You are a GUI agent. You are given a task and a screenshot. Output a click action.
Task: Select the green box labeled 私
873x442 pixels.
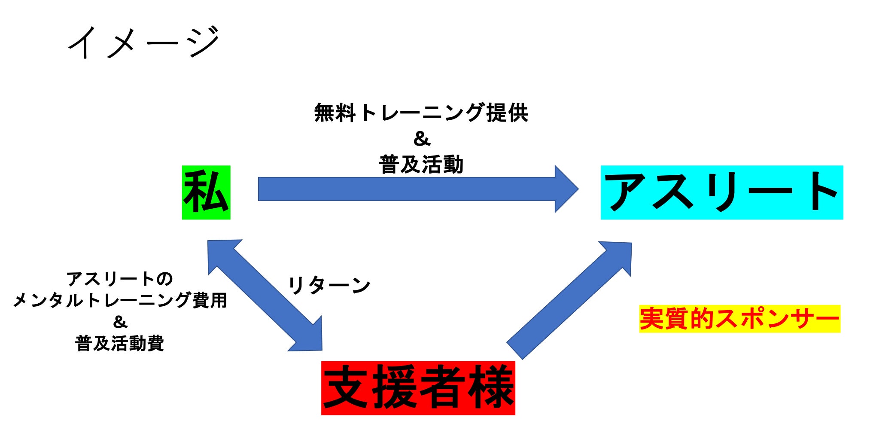pos(206,192)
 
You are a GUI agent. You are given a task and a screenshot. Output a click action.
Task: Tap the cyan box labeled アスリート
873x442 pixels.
pos(721,192)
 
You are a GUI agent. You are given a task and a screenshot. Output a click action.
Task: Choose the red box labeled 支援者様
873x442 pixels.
pos(418,388)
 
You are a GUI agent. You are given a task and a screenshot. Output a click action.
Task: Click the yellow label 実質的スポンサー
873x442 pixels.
pos(739,319)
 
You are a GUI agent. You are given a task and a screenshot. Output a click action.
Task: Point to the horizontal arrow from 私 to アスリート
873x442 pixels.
pos(408,189)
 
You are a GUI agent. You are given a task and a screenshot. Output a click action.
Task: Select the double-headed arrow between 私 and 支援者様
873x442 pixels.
pos(265,296)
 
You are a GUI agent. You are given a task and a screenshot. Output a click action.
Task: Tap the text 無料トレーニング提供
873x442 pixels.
pos(421,113)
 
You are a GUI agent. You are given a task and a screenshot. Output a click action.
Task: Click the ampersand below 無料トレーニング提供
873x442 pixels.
pos(421,139)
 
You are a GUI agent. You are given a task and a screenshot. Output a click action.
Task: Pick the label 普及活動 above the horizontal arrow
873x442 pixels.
pos(421,165)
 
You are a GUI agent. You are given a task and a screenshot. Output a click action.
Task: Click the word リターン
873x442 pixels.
pos(329,285)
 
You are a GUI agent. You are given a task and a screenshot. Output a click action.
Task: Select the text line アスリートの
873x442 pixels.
pos(119,279)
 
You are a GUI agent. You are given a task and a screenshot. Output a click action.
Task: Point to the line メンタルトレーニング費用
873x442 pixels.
pos(120,300)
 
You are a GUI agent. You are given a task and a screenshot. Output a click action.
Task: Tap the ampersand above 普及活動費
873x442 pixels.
pos(120,322)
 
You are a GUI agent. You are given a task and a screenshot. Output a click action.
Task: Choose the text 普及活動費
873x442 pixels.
pos(119,343)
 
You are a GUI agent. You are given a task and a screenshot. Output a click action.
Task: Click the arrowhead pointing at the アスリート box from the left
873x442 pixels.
pos(566,189)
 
